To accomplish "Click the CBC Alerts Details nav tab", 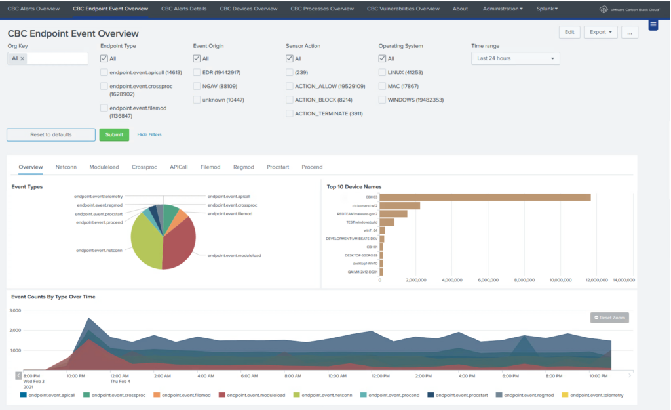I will [x=183, y=9].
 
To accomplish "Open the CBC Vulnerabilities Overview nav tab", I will [x=403, y=9].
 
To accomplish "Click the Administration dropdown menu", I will [x=503, y=9].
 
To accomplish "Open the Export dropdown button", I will [x=600, y=31].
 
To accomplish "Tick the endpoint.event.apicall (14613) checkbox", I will [x=104, y=73].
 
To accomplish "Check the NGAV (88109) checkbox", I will [x=197, y=86].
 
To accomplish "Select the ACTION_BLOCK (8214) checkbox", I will [x=290, y=100].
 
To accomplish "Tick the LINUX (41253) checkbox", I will [x=383, y=73].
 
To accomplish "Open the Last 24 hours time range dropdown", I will [x=516, y=58].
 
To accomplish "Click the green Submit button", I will [x=114, y=134].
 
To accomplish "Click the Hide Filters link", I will [x=149, y=134].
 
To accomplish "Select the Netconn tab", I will [x=66, y=167].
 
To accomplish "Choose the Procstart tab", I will [x=278, y=167].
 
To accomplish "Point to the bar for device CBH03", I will [x=485, y=197].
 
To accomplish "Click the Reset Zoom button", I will [x=609, y=318].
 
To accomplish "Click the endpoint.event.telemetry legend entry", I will [x=594, y=396].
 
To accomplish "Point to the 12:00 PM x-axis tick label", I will [x=381, y=377].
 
